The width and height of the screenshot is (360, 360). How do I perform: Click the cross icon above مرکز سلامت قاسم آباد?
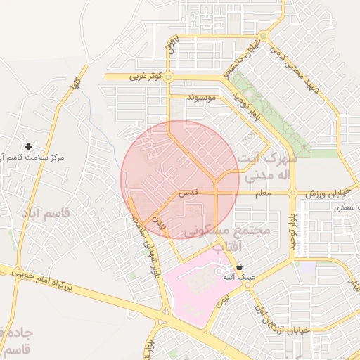[x=28, y=146]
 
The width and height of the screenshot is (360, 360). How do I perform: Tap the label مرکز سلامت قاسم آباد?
[x=32, y=158]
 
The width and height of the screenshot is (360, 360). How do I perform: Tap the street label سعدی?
[x=344, y=208]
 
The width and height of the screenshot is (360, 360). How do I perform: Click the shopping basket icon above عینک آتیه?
[x=240, y=267]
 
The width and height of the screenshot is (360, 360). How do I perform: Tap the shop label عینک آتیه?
[x=238, y=278]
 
